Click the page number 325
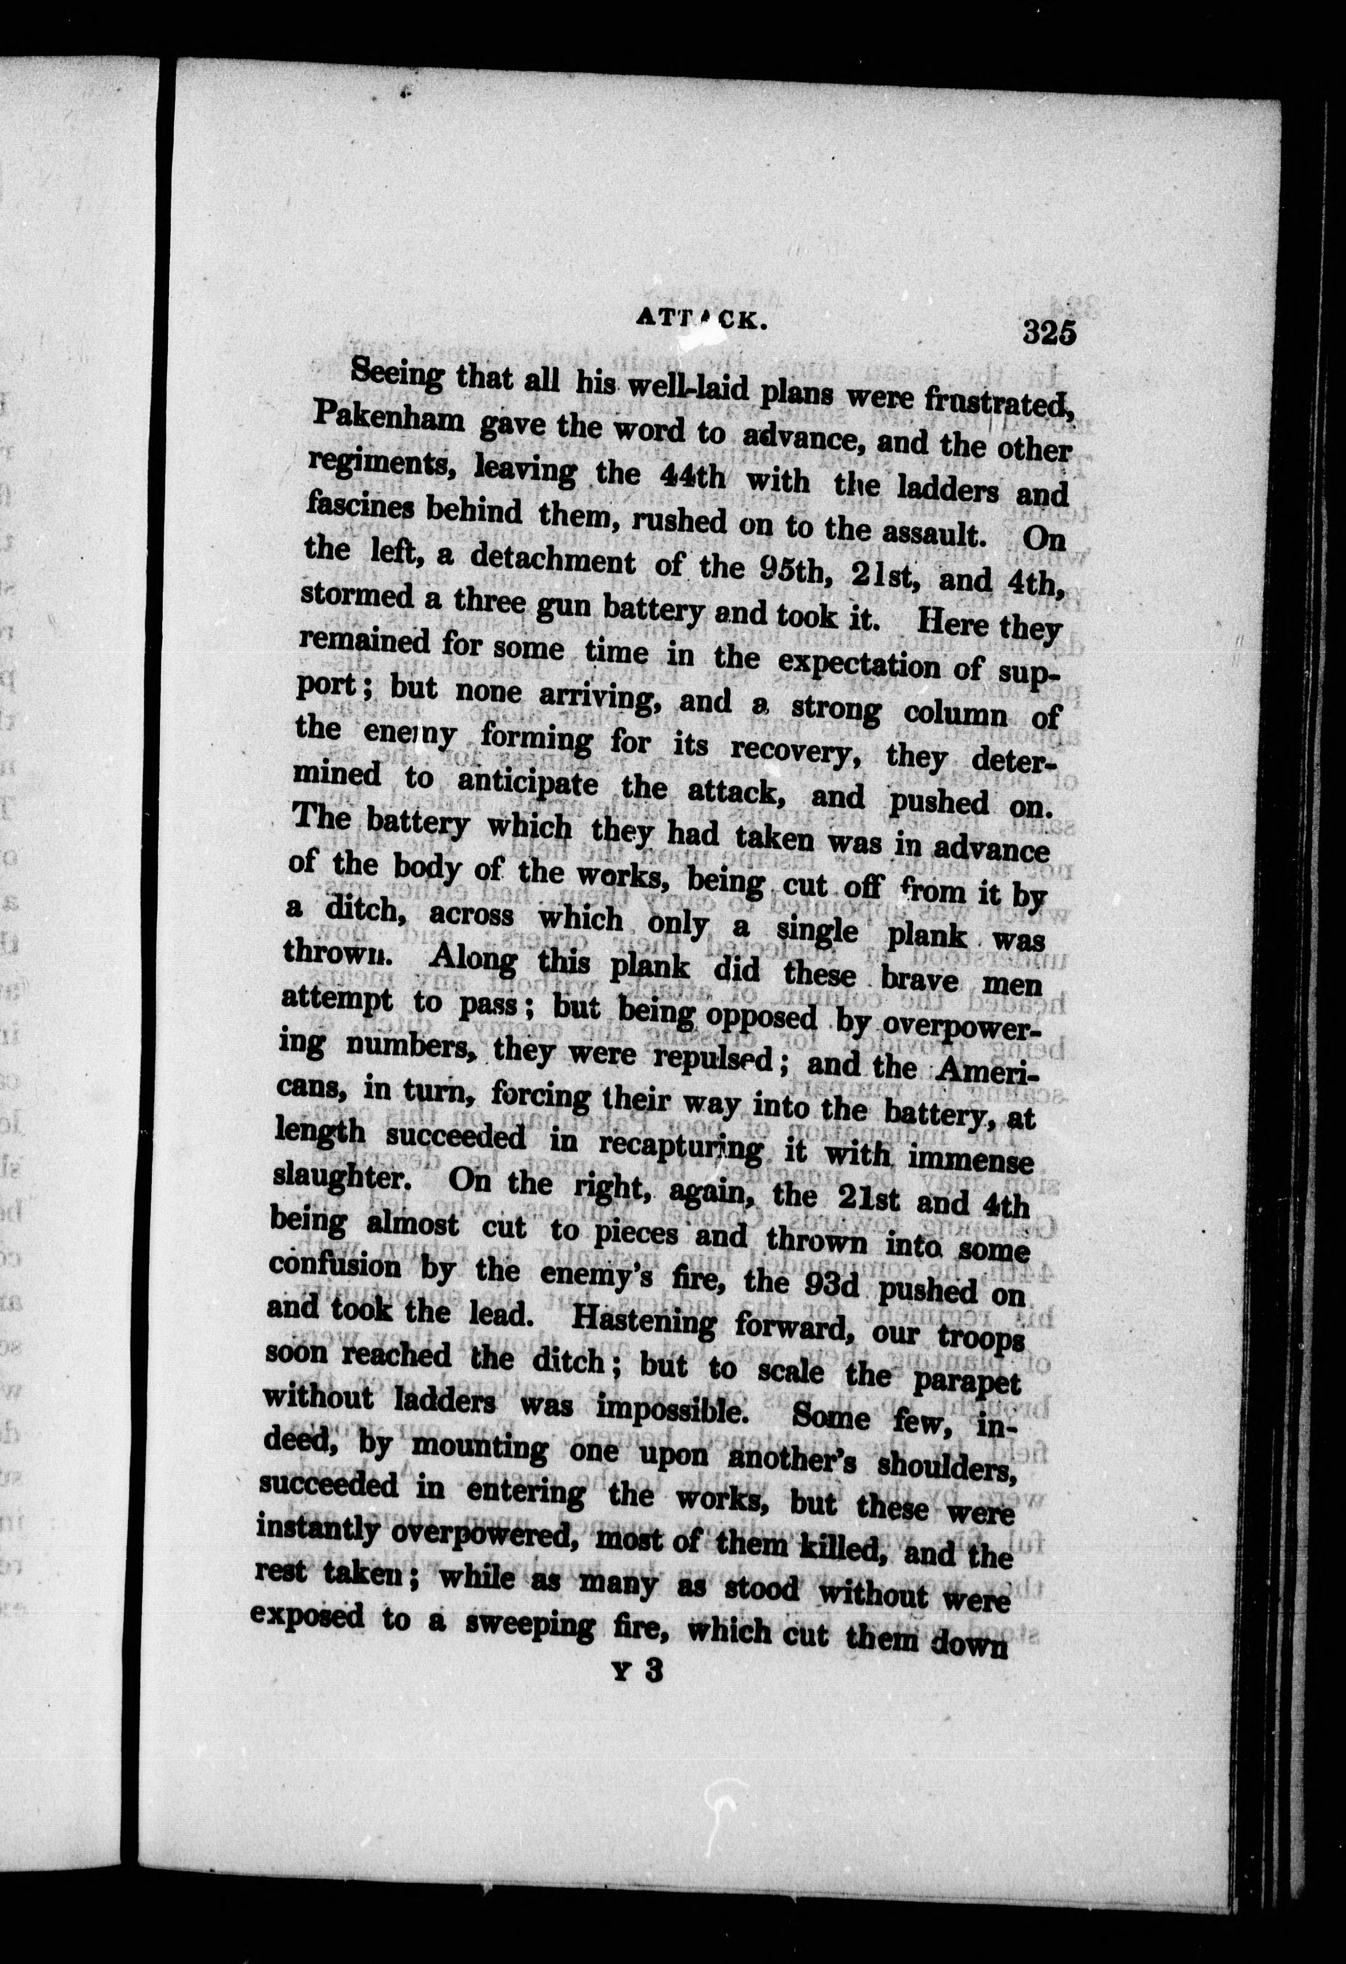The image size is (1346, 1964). [1048, 331]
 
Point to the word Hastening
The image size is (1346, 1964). [636, 1325]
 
